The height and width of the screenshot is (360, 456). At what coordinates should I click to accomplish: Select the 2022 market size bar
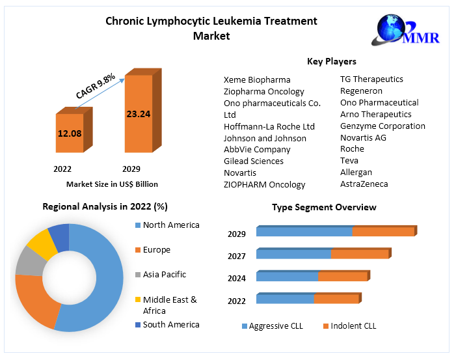click(70, 133)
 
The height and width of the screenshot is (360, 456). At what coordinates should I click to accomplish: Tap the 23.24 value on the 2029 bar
click(138, 114)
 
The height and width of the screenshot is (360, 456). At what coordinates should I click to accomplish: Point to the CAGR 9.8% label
click(96, 86)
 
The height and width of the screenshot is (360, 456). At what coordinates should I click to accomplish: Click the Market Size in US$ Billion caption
click(112, 184)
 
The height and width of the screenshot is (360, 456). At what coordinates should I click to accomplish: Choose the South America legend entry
click(170, 324)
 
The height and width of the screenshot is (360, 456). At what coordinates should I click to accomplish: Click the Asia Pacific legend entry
click(164, 275)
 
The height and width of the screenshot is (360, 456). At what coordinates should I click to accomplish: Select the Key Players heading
click(331, 61)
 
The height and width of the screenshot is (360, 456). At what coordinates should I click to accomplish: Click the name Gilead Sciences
click(254, 161)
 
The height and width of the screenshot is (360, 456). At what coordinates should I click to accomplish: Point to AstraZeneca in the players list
click(364, 184)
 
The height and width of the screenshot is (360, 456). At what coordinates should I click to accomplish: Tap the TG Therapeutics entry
click(371, 79)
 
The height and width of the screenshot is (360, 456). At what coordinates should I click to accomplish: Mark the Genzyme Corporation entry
click(382, 126)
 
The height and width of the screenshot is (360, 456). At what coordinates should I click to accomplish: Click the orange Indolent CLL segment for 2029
click(383, 232)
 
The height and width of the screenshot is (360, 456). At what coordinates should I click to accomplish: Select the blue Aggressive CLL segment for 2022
click(285, 299)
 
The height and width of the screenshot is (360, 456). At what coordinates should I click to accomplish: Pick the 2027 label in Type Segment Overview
click(237, 256)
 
